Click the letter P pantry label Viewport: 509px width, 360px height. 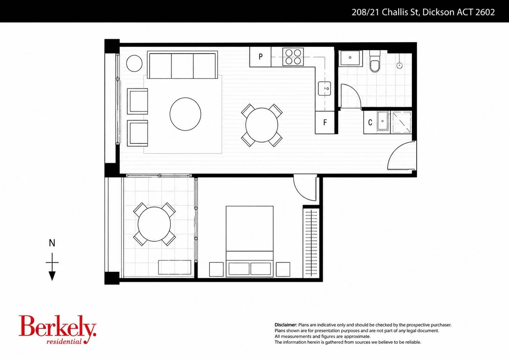(x=260, y=56)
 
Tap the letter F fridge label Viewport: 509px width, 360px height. (x=325, y=123)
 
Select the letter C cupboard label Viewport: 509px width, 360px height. (x=370, y=123)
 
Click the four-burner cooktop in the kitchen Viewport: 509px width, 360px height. (x=293, y=57)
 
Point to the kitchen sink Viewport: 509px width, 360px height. (x=324, y=88)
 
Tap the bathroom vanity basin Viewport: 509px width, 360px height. (x=350, y=58)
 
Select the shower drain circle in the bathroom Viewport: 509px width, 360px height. (x=399, y=66)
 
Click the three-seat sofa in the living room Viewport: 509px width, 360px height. (x=182, y=65)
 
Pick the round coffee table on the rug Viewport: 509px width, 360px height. (x=185, y=114)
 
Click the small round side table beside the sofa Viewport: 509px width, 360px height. (x=134, y=63)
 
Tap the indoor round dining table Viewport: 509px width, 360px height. (x=262, y=125)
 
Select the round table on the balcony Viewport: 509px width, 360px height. (x=154, y=224)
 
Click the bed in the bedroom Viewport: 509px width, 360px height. (x=250, y=242)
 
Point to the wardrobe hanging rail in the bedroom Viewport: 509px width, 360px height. (x=311, y=243)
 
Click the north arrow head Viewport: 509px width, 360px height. (x=52, y=276)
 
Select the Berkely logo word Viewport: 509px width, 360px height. (x=57, y=326)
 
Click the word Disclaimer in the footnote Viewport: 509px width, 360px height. (x=286, y=325)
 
